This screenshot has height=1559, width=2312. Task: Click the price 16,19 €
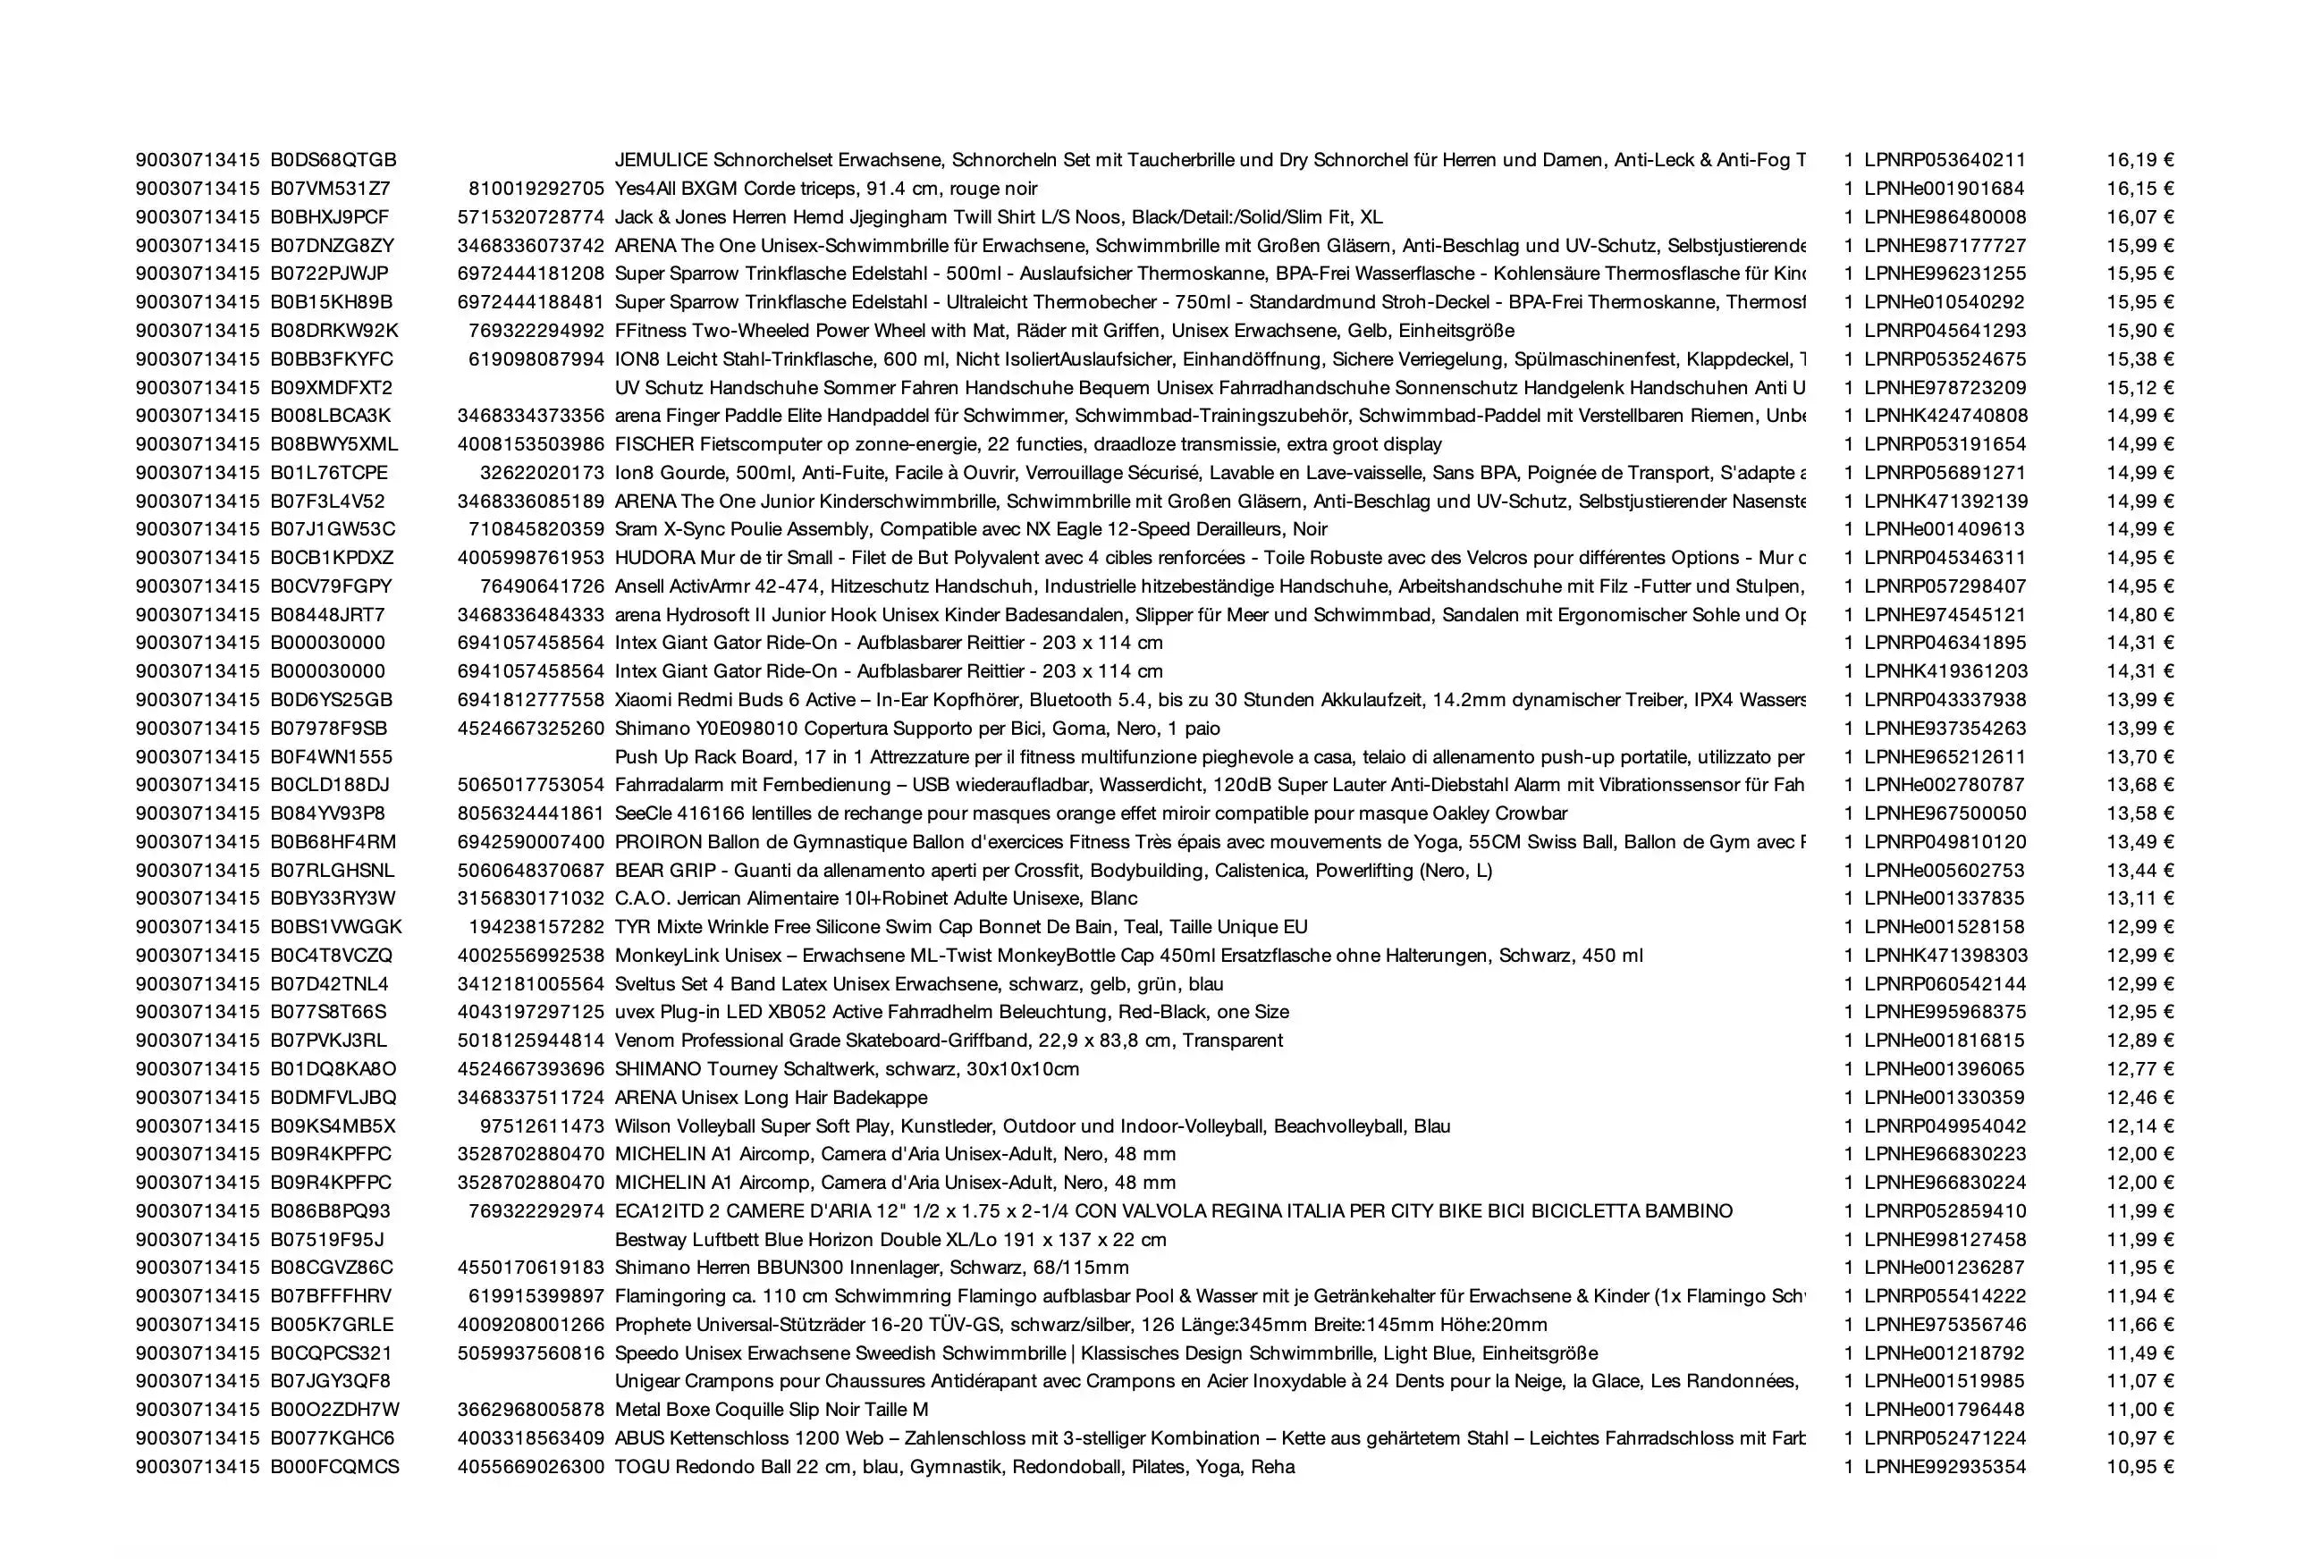[x=2139, y=160]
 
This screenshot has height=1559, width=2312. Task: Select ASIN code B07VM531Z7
[x=330, y=189]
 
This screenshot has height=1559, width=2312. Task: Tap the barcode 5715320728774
[x=530, y=216]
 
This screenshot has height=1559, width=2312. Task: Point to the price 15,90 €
[x=2139, y=331]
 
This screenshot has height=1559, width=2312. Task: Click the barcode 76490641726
[x=541, y=586]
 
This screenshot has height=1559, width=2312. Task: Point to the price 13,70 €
[x=2139, y=756]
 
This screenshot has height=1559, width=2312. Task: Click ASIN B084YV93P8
[x=328, y=813]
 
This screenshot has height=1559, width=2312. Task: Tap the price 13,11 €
[x=2139, y=898]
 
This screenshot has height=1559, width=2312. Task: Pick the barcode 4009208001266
[x=530, y=1325]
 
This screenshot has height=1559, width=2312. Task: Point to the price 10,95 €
[x=2139, y=1467]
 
